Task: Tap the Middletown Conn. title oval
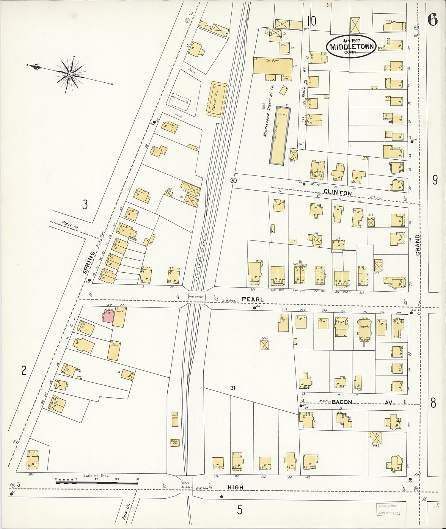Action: point(351,47)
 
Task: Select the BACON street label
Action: point(342,402)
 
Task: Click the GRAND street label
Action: point(418,245)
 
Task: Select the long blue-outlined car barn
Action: point(280,135)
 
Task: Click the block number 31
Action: point(233,387)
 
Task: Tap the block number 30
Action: point(233,180)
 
